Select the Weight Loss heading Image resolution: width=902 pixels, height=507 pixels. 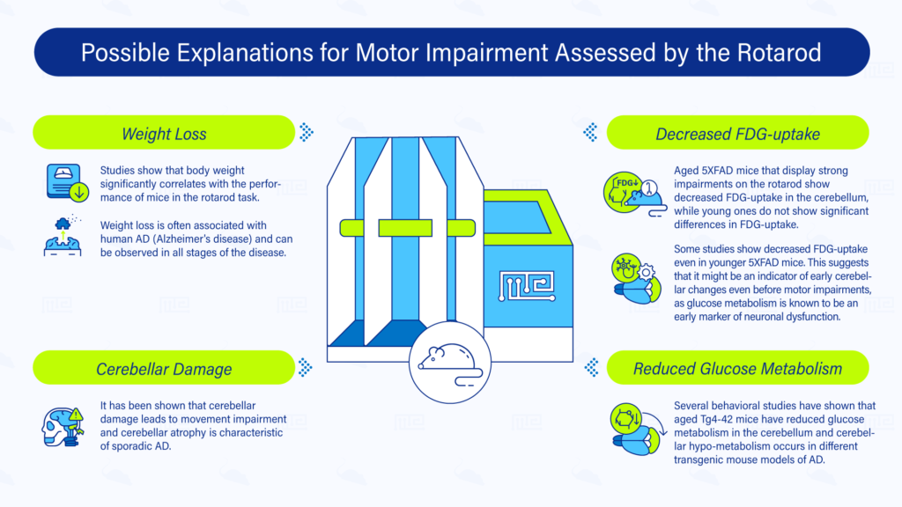coord(164,134)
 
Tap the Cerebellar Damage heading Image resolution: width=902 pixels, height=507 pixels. coord(164,369)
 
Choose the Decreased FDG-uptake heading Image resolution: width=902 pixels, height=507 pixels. coord(737,134)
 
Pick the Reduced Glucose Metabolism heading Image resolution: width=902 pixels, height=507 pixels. coord(737,369)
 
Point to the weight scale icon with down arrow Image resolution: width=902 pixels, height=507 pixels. coord(67,183)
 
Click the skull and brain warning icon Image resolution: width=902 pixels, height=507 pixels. coord(63,427)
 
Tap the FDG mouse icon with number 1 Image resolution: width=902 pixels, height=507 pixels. coord(633,194)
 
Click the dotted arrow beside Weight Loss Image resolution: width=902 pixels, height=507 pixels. coord(306,133)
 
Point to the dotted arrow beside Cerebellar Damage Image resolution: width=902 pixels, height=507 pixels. coord(306,367)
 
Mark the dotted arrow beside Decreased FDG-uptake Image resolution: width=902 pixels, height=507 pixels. coord(590,133)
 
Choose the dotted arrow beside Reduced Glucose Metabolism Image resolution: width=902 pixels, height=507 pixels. coord(591,367)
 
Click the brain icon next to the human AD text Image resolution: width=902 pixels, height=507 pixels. coord(63,236)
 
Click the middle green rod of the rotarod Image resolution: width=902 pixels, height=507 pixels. coord(405,228)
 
